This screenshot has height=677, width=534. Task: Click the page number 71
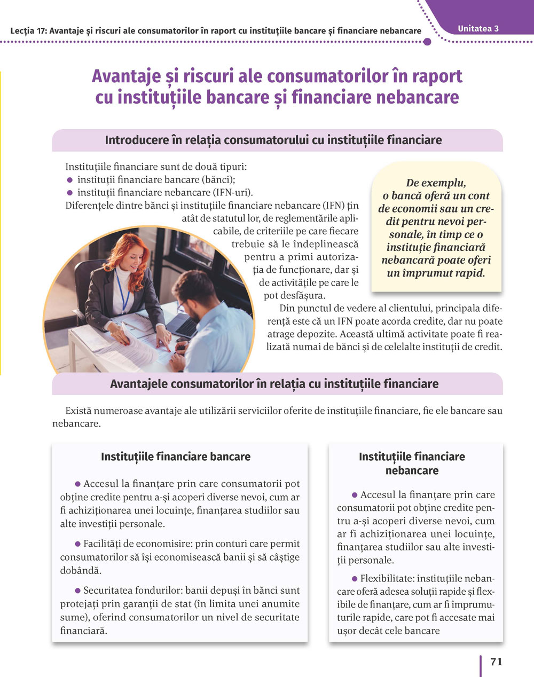pyautogui.click(x=496, y=662)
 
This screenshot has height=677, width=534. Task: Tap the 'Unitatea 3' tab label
pyautogui.click(x=478, y=28)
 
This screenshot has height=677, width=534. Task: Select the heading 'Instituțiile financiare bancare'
pyautogui.click(x=176, y=457)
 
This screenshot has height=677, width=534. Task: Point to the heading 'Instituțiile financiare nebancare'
pyautogui.click(x=412, y=463)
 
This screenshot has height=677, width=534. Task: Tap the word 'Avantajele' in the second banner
pyautogui.click(x=139, y=384)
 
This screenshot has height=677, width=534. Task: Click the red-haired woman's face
pyautogui.click(x=131, y=258)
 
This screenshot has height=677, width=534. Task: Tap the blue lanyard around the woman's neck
pyautogui.click(x=122, y=291)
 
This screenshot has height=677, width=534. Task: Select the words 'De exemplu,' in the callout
pyautogui.click(x=436, y=183)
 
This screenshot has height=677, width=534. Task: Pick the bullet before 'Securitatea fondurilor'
pyautogui.click(x=77, y=591)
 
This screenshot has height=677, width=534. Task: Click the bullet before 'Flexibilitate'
pyautogui.click(x=355, y=579)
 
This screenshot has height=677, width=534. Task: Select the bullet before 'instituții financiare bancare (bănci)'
pyautogui.click(x=69, y=180)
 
